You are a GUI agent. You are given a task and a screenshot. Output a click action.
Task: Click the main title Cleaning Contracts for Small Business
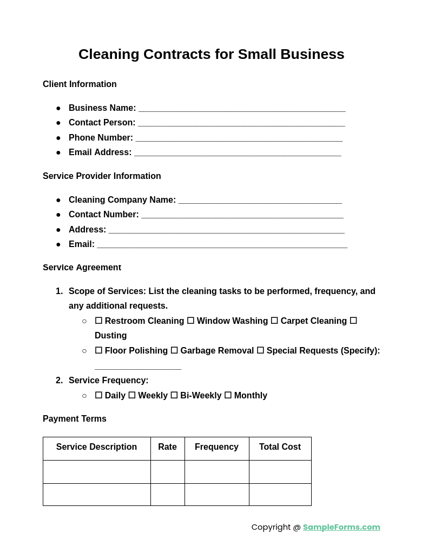click(211, 54)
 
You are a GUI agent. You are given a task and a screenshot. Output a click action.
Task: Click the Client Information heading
click(80, 84)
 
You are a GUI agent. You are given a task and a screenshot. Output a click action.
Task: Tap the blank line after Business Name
click(241, 109)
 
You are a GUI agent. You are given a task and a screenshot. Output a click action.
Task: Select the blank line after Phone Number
click(239, 138)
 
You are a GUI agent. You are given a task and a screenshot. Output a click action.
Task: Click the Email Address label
click(100, 152)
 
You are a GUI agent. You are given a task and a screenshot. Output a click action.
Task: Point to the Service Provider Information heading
click(102, 176)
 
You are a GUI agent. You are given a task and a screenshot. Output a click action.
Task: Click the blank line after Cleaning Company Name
click(260, 201)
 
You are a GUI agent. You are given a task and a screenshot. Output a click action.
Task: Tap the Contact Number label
click(103, 215)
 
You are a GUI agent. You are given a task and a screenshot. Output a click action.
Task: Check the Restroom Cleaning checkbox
click(98, 321)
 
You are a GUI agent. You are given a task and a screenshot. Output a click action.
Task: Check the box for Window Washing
click(190, 321)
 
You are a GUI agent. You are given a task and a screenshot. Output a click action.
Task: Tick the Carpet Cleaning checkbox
click(274, 321)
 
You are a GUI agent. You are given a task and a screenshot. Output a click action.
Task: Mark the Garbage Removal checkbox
click(174, 351)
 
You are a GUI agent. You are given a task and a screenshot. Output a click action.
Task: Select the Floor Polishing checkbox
click(98, 351)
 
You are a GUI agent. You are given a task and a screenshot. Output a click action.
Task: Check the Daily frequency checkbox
click(98, 396)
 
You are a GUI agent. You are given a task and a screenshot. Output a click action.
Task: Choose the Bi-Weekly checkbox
click(174, 396)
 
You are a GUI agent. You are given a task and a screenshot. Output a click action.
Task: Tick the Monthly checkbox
click(228, 396)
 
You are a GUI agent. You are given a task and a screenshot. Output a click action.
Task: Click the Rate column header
click(167, 447)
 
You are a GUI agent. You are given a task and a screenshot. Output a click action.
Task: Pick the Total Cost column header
click(280, 447)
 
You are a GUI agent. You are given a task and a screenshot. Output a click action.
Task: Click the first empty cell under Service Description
click(96, 472)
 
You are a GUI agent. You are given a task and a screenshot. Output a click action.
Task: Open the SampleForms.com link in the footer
click(341, 527)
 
